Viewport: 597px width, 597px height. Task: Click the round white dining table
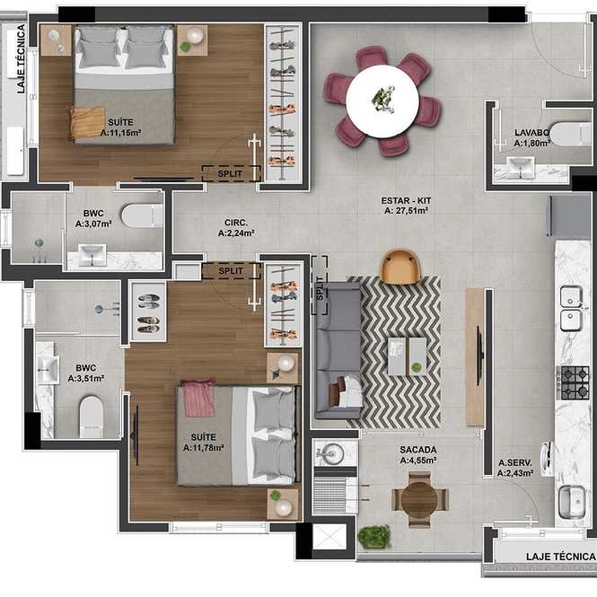[x=382, y=101]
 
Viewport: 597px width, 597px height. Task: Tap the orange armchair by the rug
[x=401, y=268]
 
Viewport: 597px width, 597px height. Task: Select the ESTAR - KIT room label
[x=407, y=201]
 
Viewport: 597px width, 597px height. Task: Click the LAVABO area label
[x=531, y=133]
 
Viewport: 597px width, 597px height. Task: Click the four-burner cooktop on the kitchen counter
[x=575, y=382]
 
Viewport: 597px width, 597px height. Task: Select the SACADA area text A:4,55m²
[x=418, y=461]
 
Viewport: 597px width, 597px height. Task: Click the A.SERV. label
[x=515, y=463]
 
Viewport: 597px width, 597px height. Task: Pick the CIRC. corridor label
[x=236, y=223]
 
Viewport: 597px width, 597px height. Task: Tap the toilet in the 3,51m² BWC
[x=92, y=417]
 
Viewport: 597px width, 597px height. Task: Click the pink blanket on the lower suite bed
[x=198, y=398]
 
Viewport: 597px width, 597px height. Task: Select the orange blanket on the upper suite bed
[x=88, y=122]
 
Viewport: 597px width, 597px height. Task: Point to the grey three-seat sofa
[x=338, y=350]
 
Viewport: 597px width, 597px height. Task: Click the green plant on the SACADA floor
[x=373, y=537]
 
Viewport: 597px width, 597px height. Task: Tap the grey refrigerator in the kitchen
[x=569, y=215]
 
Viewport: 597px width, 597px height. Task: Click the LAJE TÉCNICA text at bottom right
[x=561, y=557]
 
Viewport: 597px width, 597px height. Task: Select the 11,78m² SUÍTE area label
[x=203, y=443]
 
